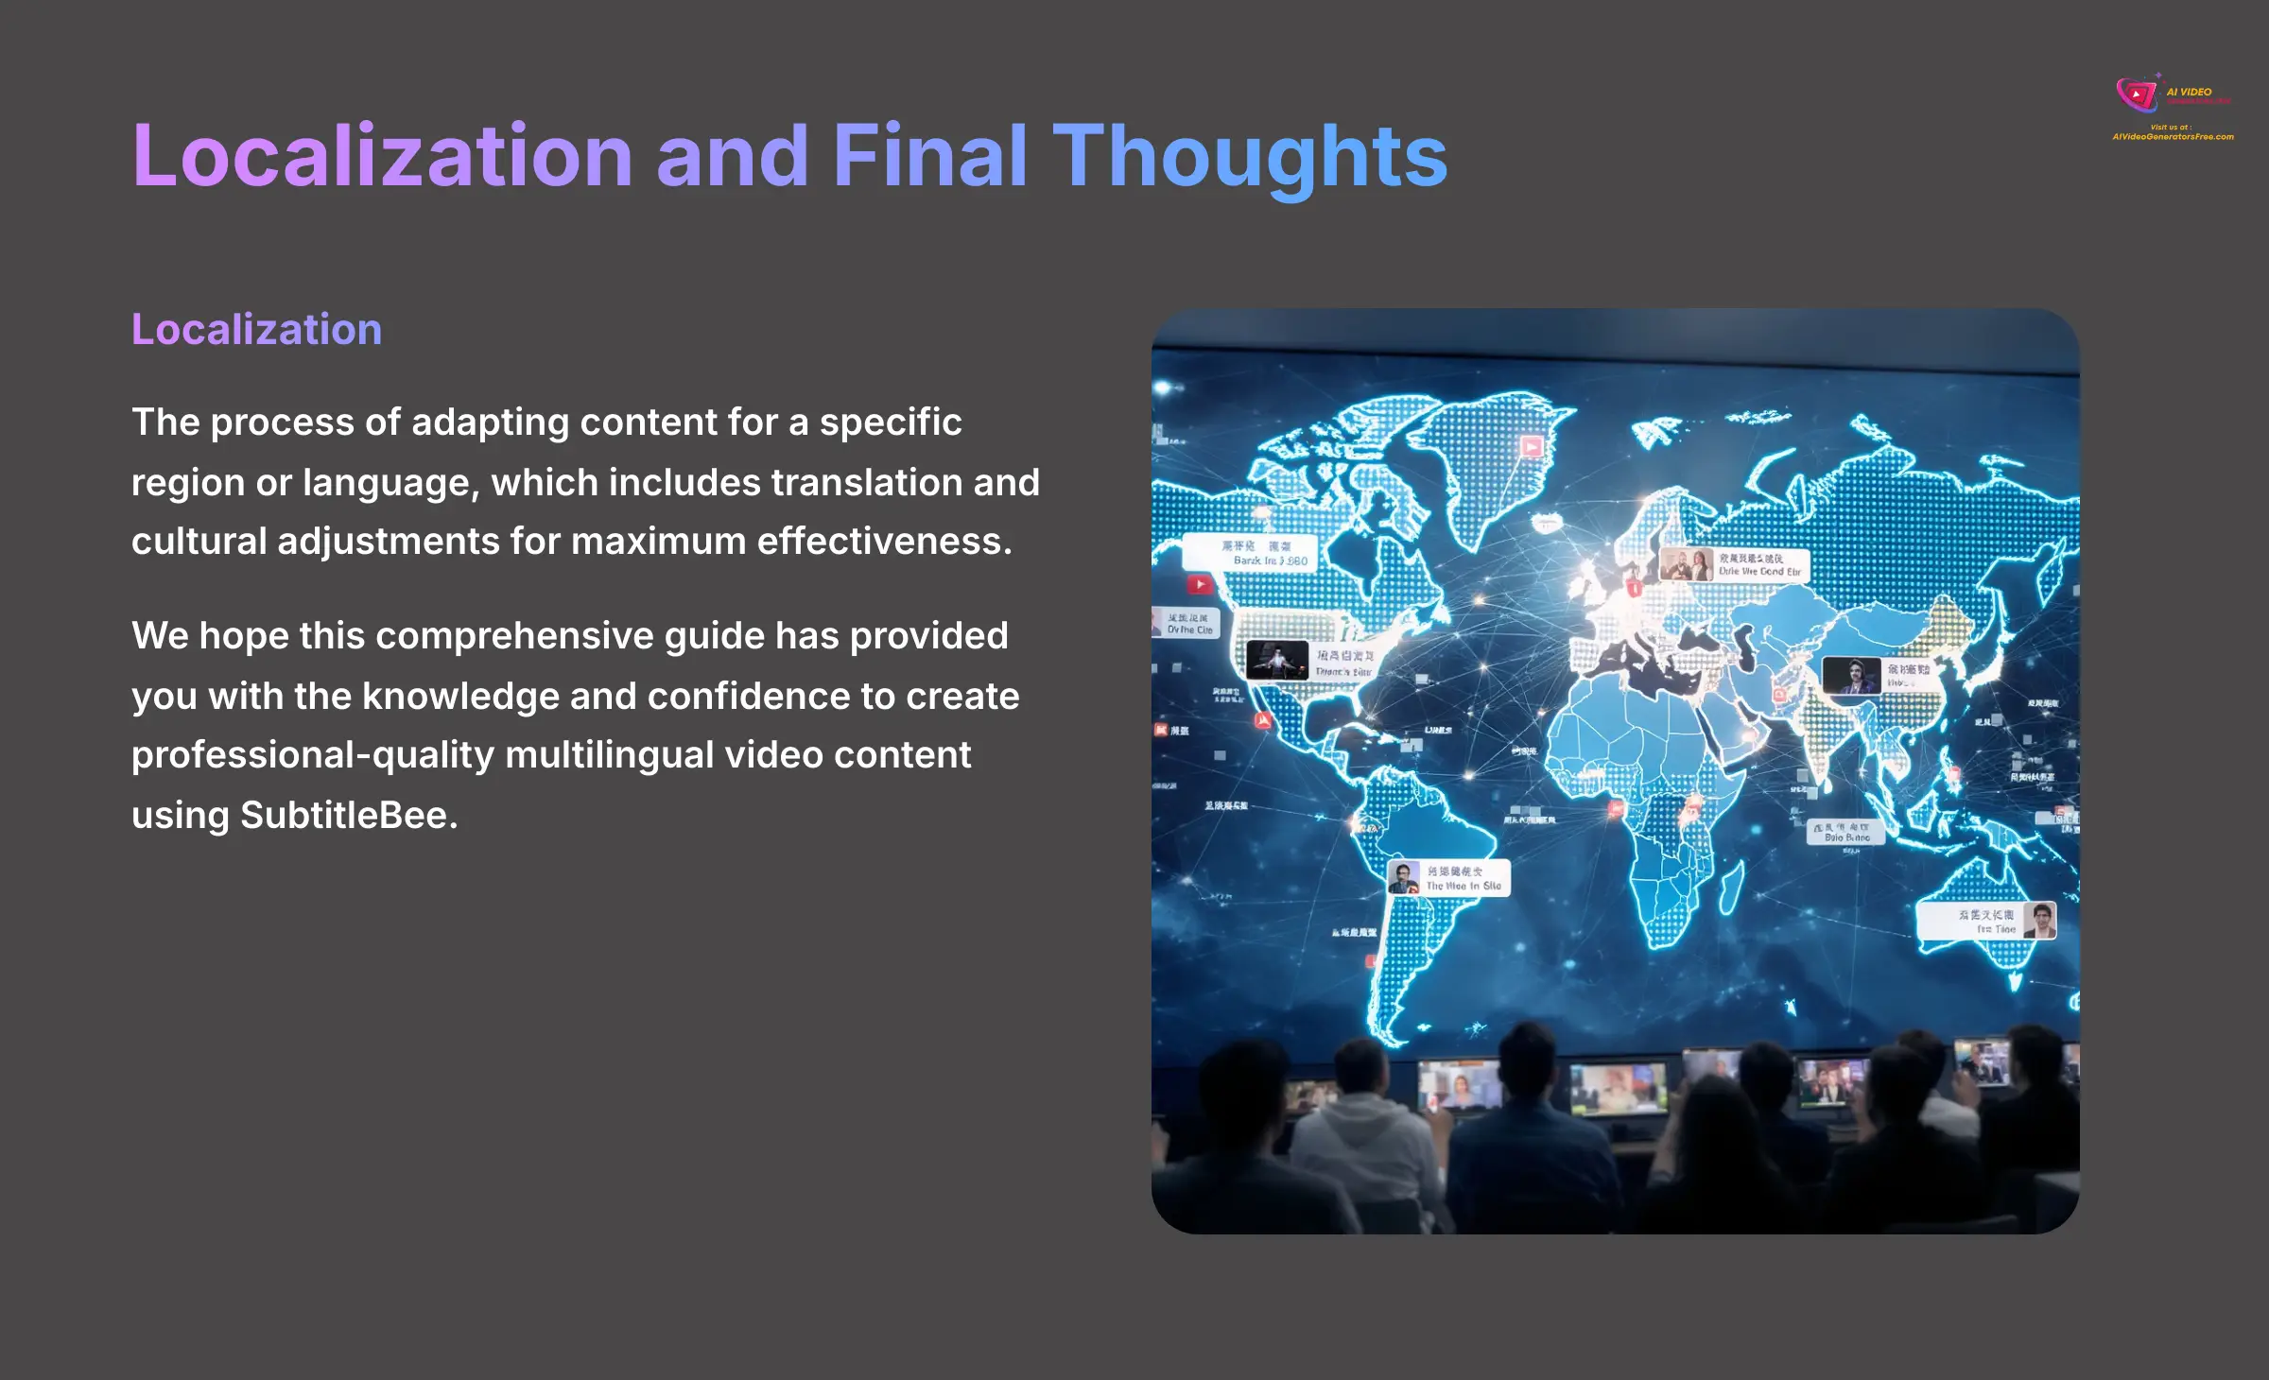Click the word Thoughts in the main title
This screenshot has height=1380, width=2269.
1250,156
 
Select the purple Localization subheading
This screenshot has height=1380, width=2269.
256,330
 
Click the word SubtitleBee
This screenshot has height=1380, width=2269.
348,815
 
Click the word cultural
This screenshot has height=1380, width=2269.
199,542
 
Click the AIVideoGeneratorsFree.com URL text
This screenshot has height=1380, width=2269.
2173,137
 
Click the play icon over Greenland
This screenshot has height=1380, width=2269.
1532,446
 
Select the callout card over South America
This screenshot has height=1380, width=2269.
1448,878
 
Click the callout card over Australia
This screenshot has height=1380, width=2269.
1985,922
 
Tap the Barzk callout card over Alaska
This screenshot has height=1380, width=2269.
1250,553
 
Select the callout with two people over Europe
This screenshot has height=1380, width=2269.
1733,565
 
